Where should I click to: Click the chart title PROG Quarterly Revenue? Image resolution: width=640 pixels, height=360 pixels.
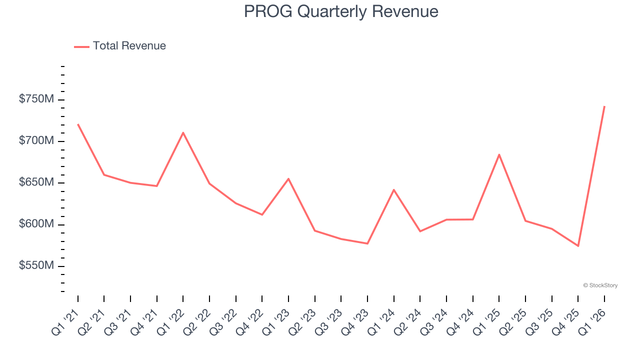pos(341,11)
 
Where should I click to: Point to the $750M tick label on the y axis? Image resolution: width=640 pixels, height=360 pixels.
pos(36,99)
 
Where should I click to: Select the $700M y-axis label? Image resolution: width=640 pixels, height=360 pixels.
pos(36,141)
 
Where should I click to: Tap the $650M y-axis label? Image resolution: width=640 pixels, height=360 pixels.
pos(36,182)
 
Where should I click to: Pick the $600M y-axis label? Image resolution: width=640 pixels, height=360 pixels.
pos(36,224)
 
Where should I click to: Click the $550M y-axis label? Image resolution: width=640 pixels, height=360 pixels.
pos(36,265)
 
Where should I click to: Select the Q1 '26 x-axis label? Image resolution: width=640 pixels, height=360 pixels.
pos(594,321)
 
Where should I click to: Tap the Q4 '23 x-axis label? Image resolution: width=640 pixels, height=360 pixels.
pos(357,321)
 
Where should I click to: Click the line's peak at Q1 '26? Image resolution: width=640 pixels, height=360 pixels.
pos(604,106)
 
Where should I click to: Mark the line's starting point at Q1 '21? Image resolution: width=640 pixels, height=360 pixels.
pos(78,124)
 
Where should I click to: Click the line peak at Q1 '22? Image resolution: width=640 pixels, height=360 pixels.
pos(183,132)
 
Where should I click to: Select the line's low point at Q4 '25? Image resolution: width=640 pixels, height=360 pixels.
pos(578,246)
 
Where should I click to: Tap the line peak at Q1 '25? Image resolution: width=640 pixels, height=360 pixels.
pos(499,154)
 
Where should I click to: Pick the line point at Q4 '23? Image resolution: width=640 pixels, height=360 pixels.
pos(367,243)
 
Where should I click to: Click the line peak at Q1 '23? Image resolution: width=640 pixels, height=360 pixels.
pos(288,178)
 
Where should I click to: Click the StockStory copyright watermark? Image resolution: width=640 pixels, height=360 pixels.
pos(600,285)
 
